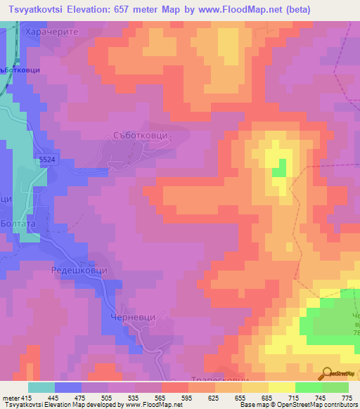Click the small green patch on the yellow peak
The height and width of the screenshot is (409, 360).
pyautogui.click(x=279, y=168)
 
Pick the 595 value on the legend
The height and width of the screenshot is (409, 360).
pyautogui.click(x=187, y=397)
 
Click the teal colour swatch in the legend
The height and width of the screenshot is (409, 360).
pyautogui.click(x=41, y=387)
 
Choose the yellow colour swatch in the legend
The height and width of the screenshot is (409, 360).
pyautogui.click(x=281, y=387)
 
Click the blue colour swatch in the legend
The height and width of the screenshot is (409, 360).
pyautogui.click(x=68, y=387)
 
